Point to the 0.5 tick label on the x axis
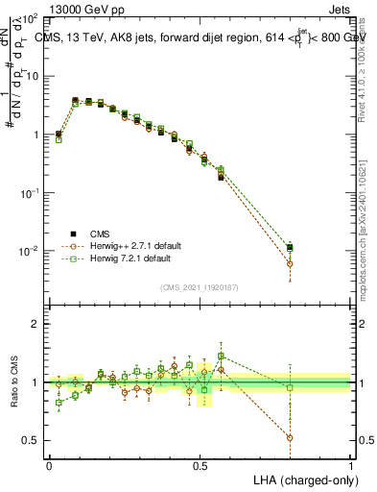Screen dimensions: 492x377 (x=200, y=465)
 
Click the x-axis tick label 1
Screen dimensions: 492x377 (x=351, y=465)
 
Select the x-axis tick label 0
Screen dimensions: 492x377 (x=49, y=465)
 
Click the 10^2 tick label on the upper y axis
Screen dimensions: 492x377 (x=32, y=19)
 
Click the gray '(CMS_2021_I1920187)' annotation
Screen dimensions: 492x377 (x=200, y=286)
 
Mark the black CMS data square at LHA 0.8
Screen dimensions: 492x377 (x=291, y=248)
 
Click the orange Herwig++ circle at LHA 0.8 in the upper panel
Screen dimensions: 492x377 (x=291, y=263)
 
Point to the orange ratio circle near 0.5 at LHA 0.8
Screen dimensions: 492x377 (x=291, y=437)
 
